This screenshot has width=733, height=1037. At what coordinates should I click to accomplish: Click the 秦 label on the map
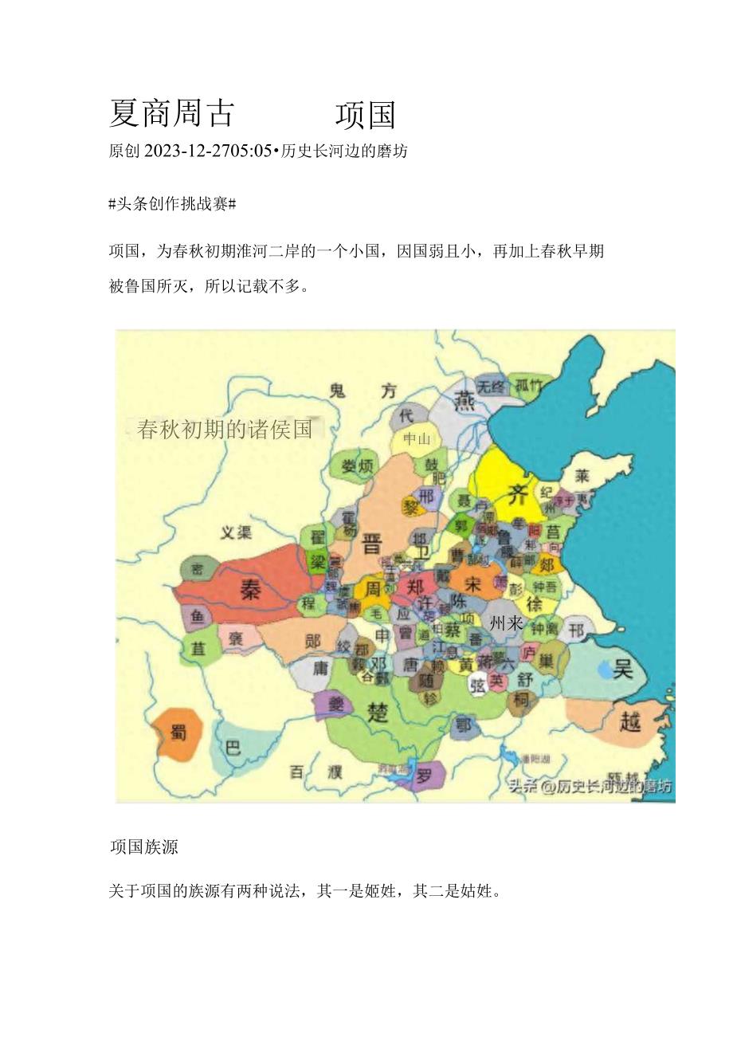tap(252, 590)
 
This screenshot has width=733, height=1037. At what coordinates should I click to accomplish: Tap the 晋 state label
tap(372, 544)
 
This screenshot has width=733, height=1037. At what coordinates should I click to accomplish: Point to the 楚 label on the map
tap(378, 711)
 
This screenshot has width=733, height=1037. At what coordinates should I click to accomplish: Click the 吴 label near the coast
tap(622, 668)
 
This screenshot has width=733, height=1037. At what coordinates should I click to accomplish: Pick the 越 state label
tap(630, 721)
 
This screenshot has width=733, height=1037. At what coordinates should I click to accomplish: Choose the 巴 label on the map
tap(233, 748)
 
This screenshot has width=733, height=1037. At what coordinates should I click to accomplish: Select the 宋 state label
tap(472, 582)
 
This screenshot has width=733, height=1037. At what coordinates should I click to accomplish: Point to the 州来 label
tap(507, 623)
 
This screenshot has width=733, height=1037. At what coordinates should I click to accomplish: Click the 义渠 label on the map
tap(236, 532)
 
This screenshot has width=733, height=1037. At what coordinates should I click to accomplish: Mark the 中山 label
tap(417, 438)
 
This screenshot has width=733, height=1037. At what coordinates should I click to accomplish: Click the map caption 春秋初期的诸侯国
tap(225, 430)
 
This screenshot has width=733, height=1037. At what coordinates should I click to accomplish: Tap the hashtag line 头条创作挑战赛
tap(171, 204)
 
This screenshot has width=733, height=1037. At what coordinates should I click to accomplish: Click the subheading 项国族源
tap(143, 847)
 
